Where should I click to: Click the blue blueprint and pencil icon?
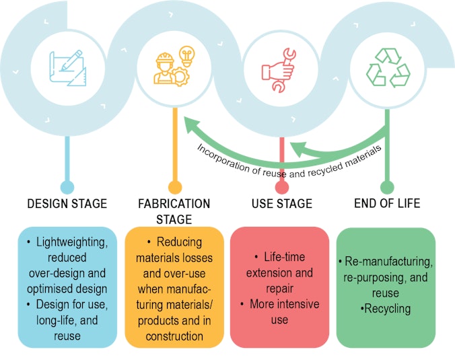[x=68, y=68]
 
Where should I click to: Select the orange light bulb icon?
[x=186, y=56]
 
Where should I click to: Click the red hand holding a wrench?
[x=279, y=71]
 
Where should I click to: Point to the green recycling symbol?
[x=388, y=67]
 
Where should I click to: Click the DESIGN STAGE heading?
[x=67, y=204]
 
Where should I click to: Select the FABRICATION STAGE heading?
[x=174, y=211]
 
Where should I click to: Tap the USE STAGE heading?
[x=282, y=204]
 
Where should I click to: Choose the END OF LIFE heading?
[x=387, y=203]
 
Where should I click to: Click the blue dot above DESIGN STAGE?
[x=67, y=187]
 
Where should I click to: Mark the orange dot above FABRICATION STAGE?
[x=175, y=187]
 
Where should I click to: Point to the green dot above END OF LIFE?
[x=387, y=187]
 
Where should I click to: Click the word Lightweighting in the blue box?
[x=71, y=242]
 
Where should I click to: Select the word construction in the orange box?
[x=174, y=336]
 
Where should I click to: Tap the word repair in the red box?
[x=280, y=289]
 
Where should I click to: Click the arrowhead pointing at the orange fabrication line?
[x=192, y=124]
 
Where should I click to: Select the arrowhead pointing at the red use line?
[x=299, y=149]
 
